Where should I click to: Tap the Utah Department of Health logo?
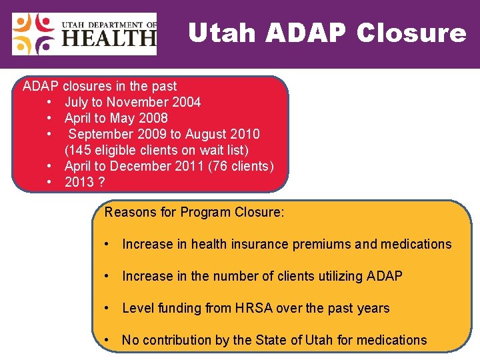click(x=84, y=34)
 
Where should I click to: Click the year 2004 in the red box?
click(x=187, y=102)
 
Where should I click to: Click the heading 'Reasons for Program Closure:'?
click(x=195, y=213)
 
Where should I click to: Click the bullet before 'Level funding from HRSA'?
click(x=107, y=308)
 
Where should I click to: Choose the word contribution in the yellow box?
click(x=176, y=340)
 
